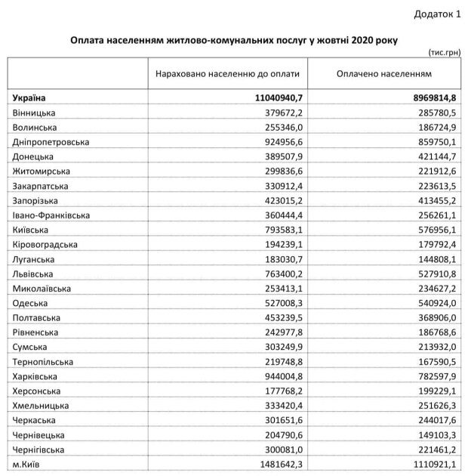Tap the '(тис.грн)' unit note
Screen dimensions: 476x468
441,52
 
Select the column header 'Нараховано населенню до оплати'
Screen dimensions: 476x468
227,75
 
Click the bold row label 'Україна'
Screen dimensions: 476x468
29,97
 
